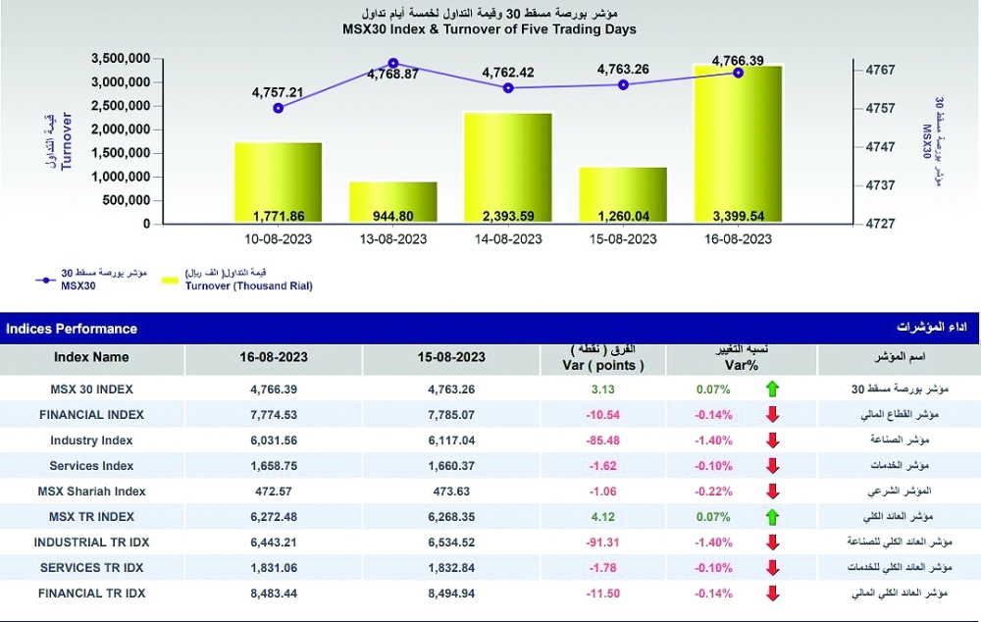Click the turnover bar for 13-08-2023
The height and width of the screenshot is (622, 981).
coord(392,202)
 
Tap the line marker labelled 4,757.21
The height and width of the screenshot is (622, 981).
coord(278,108)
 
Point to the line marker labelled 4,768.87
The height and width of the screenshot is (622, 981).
coord(393,63)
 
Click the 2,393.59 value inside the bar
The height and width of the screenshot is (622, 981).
coord(507,216)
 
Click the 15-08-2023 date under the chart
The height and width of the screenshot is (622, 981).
coord(623,239)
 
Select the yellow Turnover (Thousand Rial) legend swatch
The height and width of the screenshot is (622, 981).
coord(168,280)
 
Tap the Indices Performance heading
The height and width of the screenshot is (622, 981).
coord(72,329)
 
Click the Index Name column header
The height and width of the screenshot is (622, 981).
coord(91,357)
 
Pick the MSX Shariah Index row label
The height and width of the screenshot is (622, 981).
coord(91,491)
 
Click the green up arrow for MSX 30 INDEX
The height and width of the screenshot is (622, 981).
coord(772,389)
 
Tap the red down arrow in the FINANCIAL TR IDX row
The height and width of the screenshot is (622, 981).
coord(772,593)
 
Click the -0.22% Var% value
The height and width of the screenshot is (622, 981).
coord(712,491)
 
